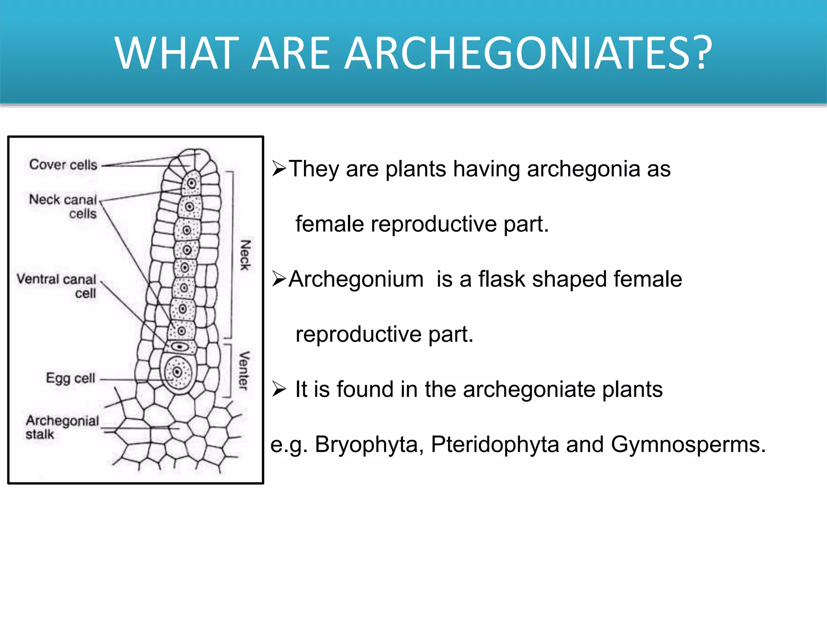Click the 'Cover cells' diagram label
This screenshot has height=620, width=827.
[x=63, y=165]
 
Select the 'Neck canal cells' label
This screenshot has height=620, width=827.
[x=63, y=206]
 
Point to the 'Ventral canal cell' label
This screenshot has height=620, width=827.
[x=57, y=286]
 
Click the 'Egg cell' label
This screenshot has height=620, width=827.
[x=71, y=378]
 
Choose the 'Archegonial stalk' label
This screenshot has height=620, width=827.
[x=62, y=427]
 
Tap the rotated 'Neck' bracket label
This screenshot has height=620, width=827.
[x=245, y=255]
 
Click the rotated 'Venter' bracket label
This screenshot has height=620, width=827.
[x=244, y=371]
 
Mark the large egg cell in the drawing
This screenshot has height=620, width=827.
[x=177, y=373]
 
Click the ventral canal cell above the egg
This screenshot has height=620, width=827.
[x=179, y=347]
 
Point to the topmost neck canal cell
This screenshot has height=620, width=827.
[x=191, y=184]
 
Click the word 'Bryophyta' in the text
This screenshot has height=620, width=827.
[x=369, y=444]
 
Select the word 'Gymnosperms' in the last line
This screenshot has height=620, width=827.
[x=688, y=444]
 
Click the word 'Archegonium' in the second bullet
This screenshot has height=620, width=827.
[x=356, y=279]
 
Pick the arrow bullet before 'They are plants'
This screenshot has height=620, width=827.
[x=279, y=168]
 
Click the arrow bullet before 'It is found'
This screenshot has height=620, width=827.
[x=279, y=389]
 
